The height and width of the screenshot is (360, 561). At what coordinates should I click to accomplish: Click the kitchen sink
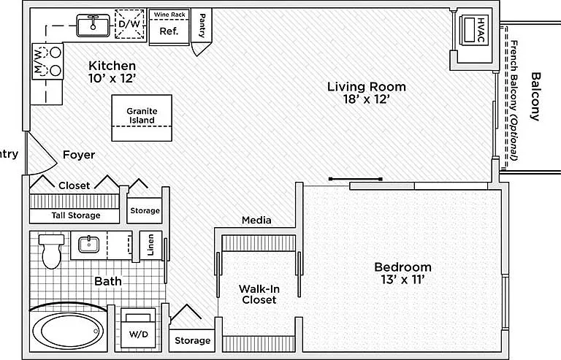pyautogui.click(x=93, y=25)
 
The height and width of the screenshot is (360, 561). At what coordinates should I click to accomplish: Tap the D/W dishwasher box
pyautogui.click(x=130, y=24)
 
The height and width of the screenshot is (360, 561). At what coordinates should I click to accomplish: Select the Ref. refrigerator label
pyautogui.click(x=169, y=31)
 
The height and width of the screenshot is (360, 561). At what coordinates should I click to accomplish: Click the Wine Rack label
pyautogui.click(x=169, y=15)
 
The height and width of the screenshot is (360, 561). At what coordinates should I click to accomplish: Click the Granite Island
pyautogui.click(x=142, y=118)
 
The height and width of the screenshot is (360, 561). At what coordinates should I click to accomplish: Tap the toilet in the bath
pyautogui.click(x=52, y=251)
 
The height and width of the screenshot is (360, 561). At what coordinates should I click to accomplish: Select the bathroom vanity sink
pyautogui.click(x=88, y=245)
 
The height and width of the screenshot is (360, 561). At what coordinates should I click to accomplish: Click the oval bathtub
pyautogui.click(x=69, y=331)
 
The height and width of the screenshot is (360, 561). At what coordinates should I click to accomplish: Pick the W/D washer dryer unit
pyautogui.click(x=139, y=328)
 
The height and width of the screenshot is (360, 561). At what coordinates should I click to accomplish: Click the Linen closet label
pyautogui.click(x=151, y=245)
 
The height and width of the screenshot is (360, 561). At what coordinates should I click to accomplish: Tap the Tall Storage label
pyautogui.click(x=75, y=215)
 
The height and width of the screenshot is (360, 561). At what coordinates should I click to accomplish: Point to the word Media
pyautogui.click(x=256, y=221)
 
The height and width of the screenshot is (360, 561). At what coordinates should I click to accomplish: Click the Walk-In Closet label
pyautogui.click(x=259, y=294)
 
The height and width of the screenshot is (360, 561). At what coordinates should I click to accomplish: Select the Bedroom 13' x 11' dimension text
pyautogui.click(x=402, y=280)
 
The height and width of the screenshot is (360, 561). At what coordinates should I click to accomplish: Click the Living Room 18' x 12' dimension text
pyautogui.click(x=367, y=99)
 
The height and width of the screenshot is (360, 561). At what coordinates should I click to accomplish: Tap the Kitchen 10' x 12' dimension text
pyautogui.click(x=112, y=78)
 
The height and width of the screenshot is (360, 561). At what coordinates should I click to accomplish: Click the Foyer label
pyautogui.click(x=79, y=155)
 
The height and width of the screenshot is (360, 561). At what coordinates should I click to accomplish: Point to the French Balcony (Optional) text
pyautogui.click(x=514, y=101)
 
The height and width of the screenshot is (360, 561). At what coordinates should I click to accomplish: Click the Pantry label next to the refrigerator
pyautogui.click(x=202, y=26)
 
